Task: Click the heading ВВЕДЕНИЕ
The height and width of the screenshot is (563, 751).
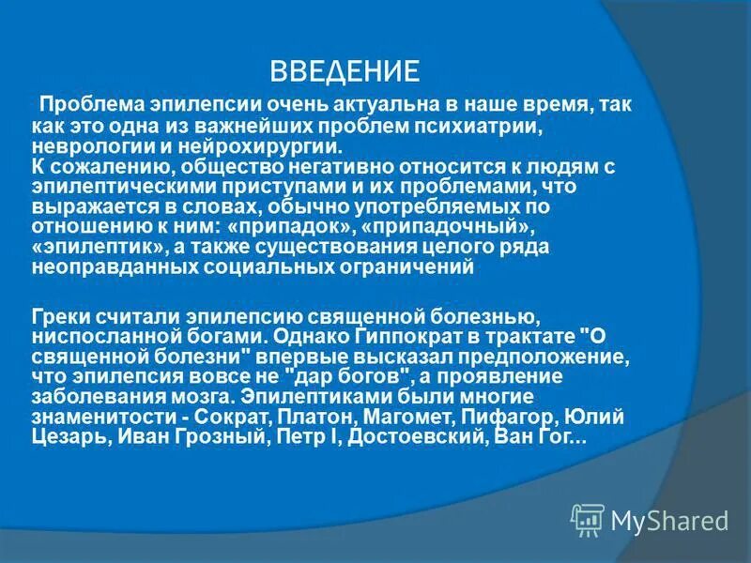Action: tap(344, 71)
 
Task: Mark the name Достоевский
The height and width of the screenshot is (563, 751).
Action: tap(415, 436)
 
